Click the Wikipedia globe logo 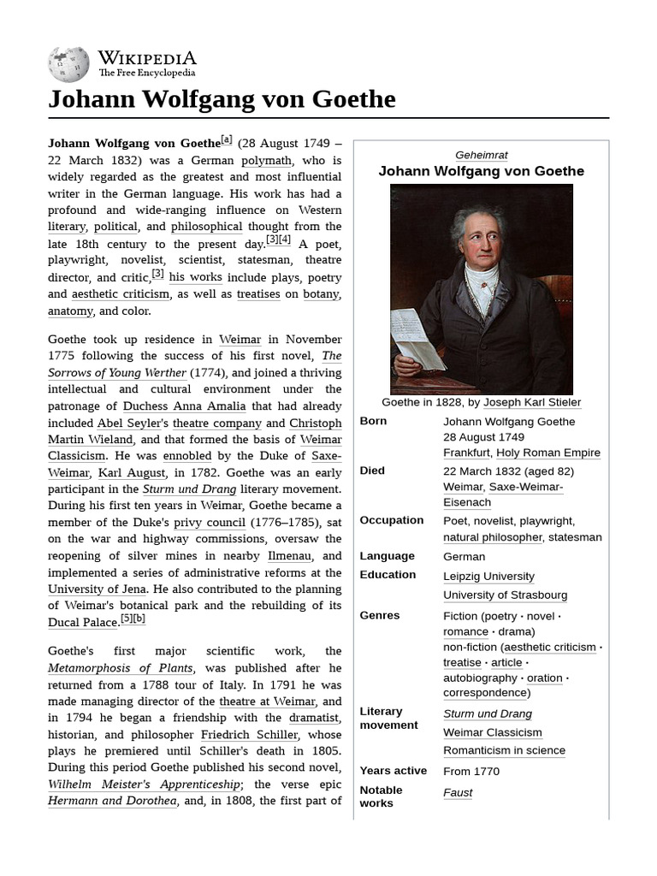[68, 65]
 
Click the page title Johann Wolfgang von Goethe [222, 99]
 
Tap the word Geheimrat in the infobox [482, 155]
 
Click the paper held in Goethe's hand [416, 339]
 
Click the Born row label [373, 421]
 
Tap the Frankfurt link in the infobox [465, 453]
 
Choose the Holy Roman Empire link [548, 453]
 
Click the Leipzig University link [488, 577]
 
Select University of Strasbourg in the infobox [505, 595]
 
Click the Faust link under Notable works [458, 792]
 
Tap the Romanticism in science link [504, 750]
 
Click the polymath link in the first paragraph [266, 160]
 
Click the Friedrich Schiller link [250, 735]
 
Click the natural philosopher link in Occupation [493, 537]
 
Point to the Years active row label [393, 771]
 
